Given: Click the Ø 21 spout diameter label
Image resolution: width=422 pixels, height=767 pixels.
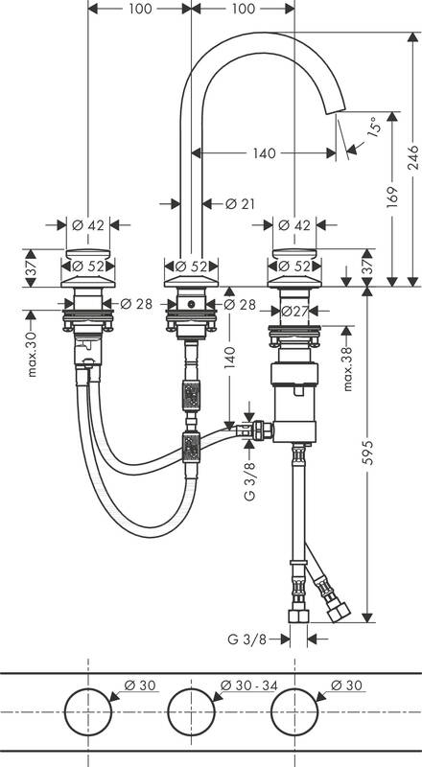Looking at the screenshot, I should (240, 203).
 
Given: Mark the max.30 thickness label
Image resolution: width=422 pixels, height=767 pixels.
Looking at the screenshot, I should (34, 355).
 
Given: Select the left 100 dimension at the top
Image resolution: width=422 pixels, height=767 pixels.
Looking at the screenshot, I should (140, 9).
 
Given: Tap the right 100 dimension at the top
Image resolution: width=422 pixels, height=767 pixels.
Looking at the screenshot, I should (244, 9).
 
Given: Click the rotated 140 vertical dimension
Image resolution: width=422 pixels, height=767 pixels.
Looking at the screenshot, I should (231, 365).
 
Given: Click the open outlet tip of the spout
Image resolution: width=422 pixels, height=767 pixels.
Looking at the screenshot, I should (337, 112).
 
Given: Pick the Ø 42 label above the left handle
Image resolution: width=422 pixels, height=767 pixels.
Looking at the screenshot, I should (88, 225).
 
